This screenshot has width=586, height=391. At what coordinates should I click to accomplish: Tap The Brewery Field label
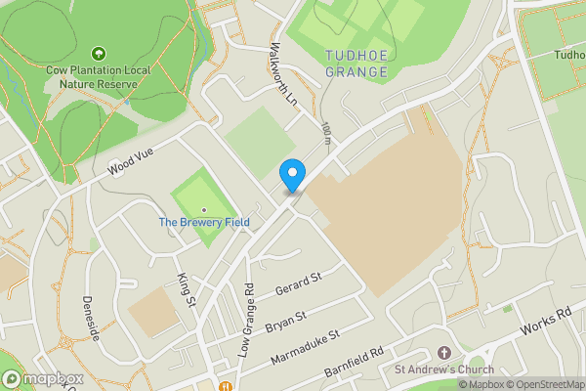[x=204, y=223]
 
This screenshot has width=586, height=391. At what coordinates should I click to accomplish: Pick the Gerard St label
[x=298, y=285]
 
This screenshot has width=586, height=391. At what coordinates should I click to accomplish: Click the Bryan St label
[x=286, y=319]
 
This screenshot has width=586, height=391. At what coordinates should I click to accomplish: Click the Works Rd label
[x=547, y=323]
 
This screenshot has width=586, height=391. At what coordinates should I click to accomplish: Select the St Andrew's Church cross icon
[x=443, y=352]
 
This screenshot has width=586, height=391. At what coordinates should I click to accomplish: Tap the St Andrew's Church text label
[x=443, y=369]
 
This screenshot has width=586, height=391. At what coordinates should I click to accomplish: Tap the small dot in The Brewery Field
[x=204, y=209]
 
